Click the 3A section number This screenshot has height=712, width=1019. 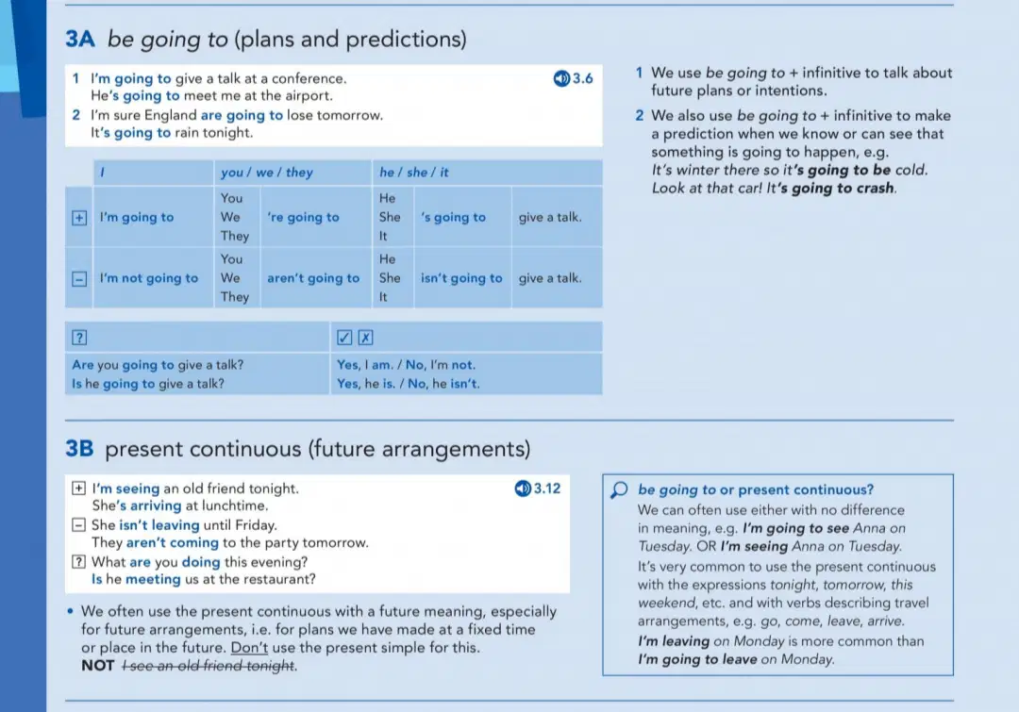point(80,39)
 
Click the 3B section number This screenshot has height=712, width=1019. point(79,449)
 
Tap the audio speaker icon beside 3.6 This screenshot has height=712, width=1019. point(561,78)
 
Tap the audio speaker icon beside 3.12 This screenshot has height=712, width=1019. point(523,488)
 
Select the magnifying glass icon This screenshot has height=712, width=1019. point(619,489)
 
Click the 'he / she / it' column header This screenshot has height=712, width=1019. point(414,173)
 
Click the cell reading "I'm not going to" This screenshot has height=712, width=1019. point(149,278)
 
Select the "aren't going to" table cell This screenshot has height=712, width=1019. point(313,278)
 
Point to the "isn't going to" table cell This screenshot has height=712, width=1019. point(461,278)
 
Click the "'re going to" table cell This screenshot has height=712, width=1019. point(303,217)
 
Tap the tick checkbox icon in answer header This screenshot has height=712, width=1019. point(344,338)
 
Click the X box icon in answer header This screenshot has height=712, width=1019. point(366,338)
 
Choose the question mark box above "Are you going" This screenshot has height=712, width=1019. point(79,338)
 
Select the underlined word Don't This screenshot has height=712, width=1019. point(249,648)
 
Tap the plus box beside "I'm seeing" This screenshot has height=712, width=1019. point(78,488)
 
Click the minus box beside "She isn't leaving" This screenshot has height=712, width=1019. point(78,524)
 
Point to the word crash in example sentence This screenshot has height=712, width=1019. point(874,189)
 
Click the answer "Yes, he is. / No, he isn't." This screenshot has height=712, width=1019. point(409,384)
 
